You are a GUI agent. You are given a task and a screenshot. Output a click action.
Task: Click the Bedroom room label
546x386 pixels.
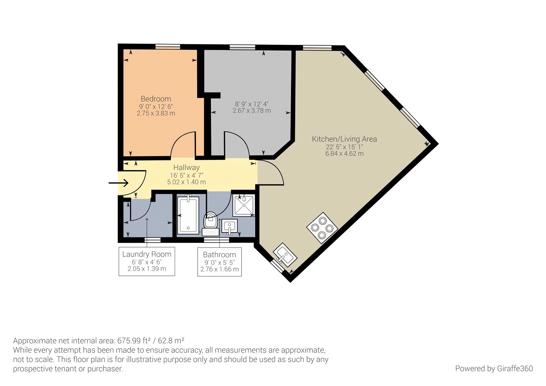coord(156,99)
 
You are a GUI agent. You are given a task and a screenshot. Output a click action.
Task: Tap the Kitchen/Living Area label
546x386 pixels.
coord(344,139)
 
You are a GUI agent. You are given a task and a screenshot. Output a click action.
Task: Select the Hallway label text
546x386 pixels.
coord(186,168)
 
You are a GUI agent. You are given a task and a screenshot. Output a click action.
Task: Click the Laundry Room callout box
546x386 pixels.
coord(147,261)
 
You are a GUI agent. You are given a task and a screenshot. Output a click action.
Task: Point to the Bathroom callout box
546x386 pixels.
coord(219,262)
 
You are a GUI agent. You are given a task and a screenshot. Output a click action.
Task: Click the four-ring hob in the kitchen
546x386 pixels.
coord(322,228)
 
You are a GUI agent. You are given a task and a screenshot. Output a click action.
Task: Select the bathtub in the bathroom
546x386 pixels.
coord(188,215)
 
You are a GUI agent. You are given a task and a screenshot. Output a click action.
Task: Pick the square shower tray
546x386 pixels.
coord(244,205)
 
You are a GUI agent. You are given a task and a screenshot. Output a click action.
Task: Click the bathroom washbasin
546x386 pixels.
coord(230,226)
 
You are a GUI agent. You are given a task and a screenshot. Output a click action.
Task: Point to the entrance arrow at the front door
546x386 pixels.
coord(118,183)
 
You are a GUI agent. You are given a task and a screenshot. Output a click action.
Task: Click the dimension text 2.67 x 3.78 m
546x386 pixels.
coord(252,111)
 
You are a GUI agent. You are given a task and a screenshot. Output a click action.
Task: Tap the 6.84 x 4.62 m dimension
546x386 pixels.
coord(344,154)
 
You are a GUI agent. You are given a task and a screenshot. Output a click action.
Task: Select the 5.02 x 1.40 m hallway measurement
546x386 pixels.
coord(186,182)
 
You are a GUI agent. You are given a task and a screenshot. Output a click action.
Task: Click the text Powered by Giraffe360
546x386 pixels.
coord(493,369)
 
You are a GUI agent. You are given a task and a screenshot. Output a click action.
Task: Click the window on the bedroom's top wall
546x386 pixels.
coord(168,47)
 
